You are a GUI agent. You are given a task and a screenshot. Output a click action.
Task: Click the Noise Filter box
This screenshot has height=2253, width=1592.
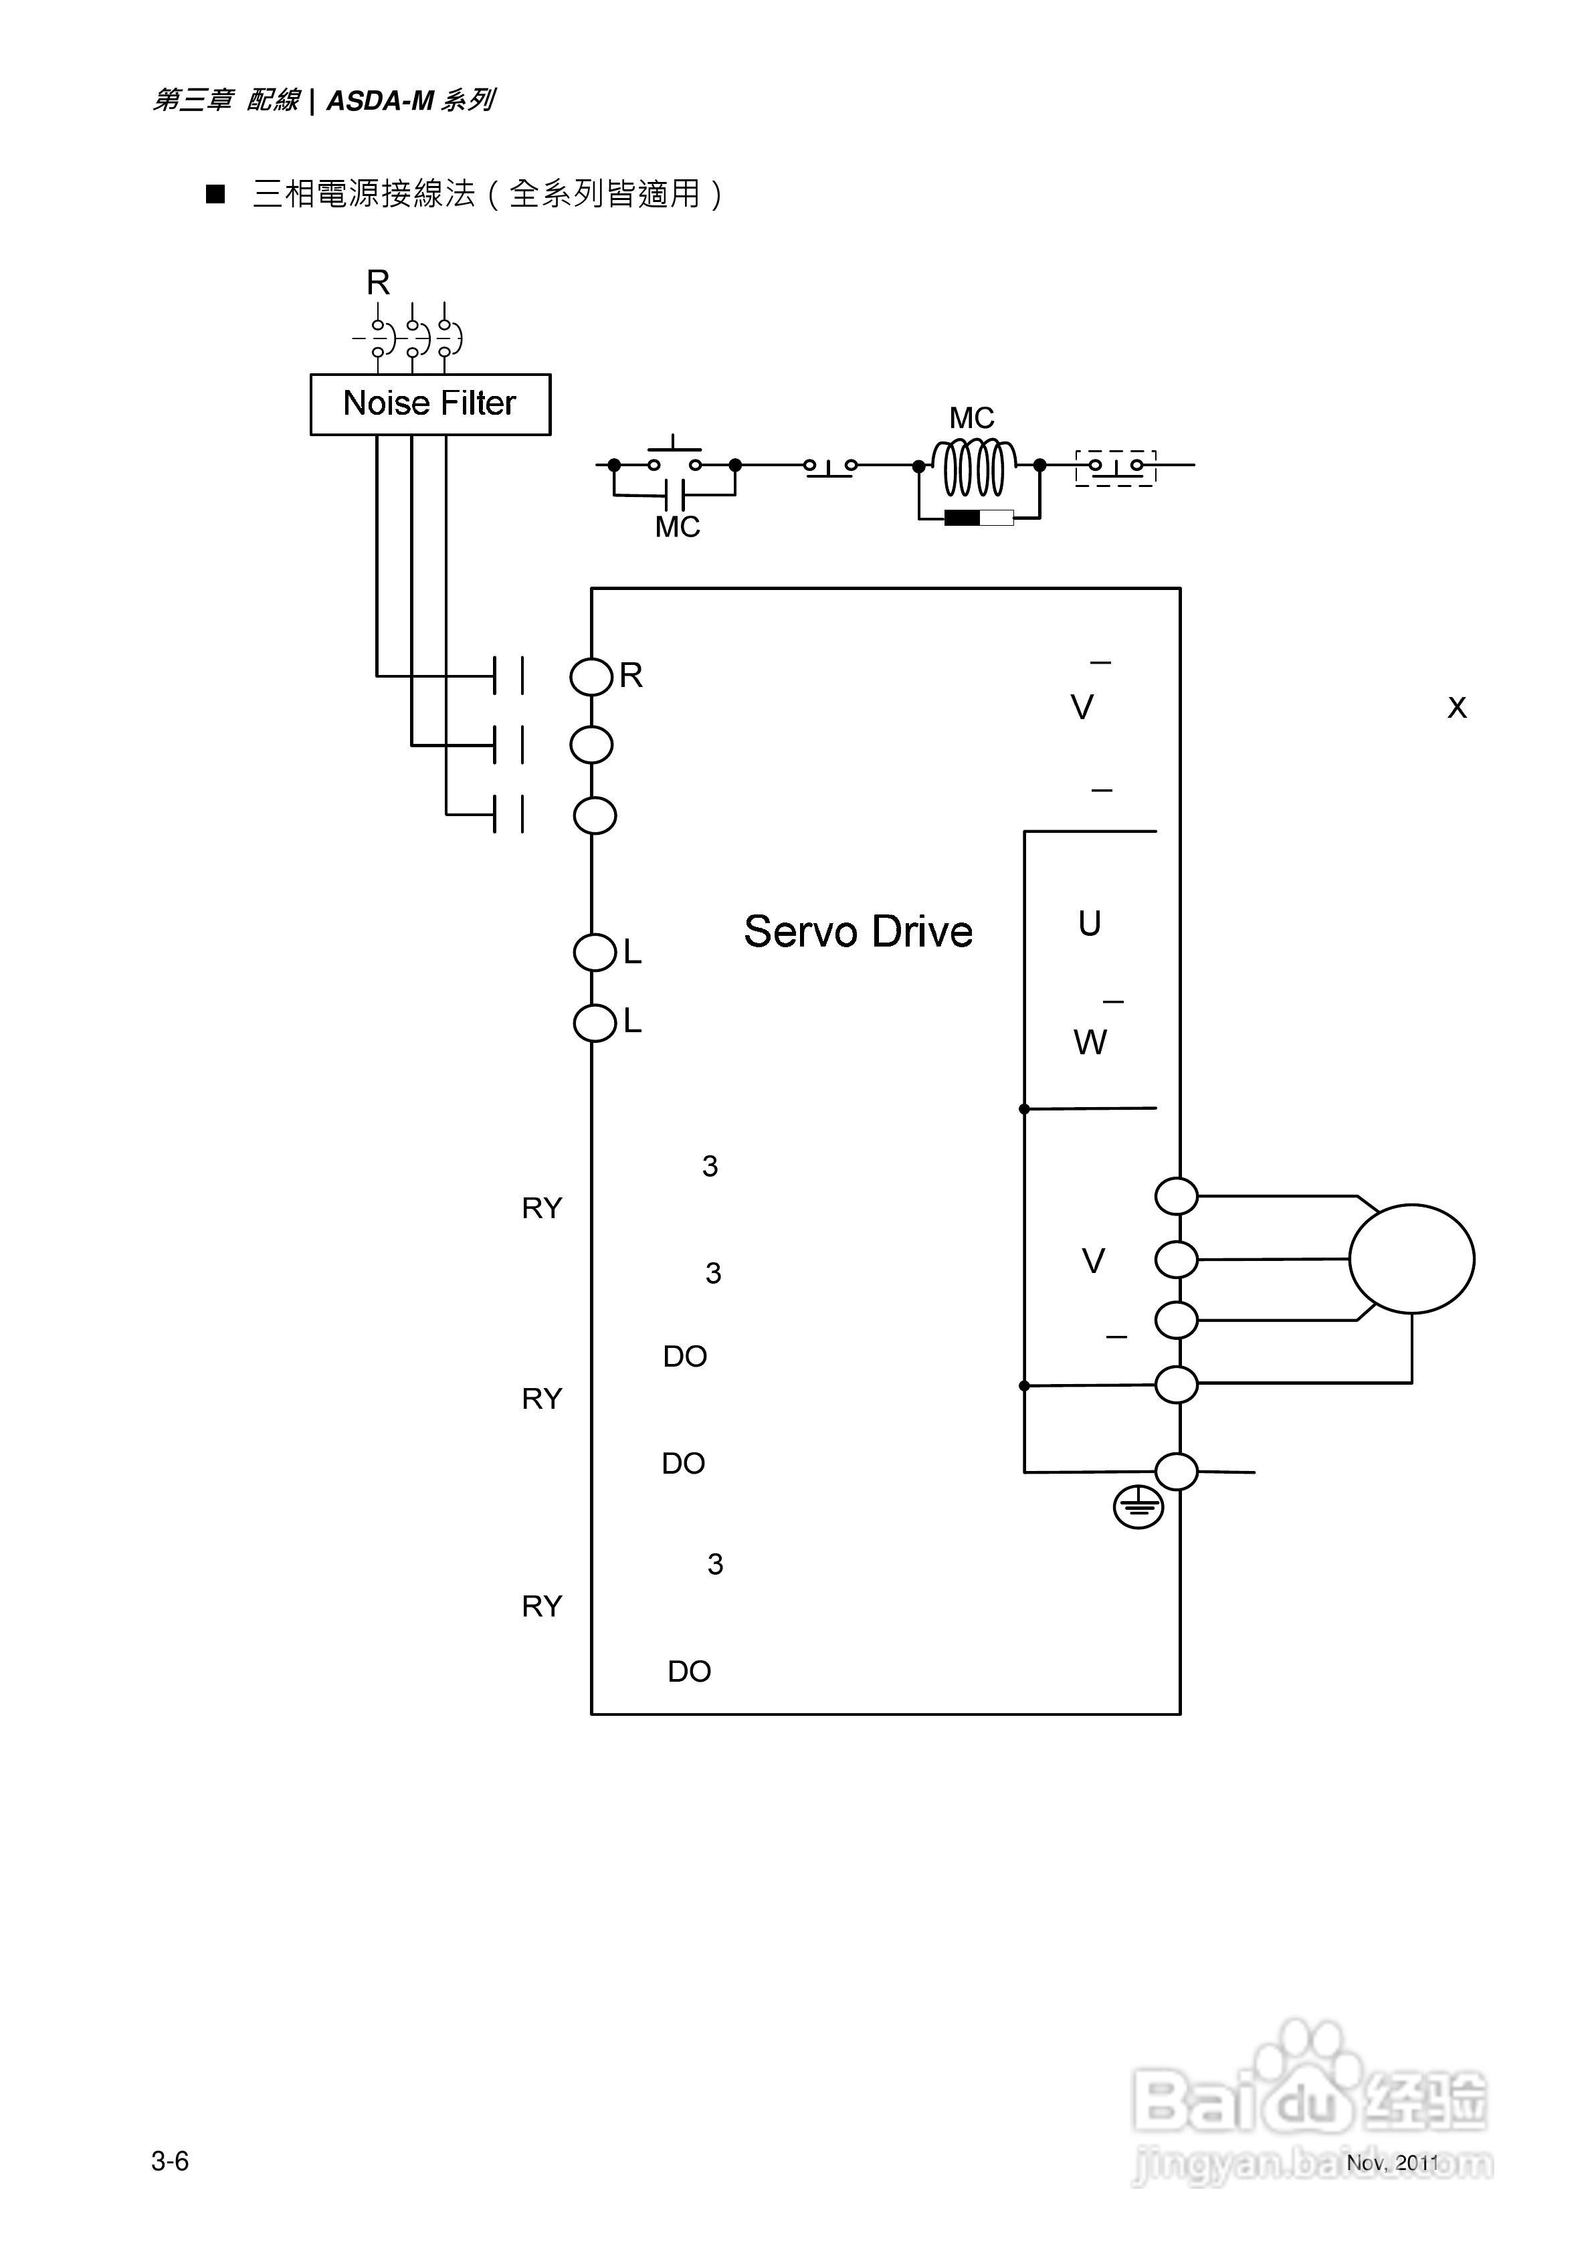tap(430, 403)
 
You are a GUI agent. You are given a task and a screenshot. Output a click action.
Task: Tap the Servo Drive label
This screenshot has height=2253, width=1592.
tap(858, 931)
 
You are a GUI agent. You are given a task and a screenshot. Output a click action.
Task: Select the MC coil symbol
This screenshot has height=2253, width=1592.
tap(974, 467)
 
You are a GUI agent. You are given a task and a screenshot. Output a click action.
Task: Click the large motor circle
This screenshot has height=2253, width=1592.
tap(1411, 1258)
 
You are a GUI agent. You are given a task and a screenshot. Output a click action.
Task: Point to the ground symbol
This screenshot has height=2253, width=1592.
tap(1138, 1506)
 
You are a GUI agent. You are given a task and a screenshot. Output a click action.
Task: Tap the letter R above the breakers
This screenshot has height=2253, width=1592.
tap(378, 282)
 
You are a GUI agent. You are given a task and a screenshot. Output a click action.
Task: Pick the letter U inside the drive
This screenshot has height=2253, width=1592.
tap(1090, 923)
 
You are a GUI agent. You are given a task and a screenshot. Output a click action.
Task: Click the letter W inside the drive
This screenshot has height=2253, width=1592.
tap(1090, 1042)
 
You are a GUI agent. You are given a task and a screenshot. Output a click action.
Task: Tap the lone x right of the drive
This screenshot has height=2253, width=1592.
tap(1457, 708)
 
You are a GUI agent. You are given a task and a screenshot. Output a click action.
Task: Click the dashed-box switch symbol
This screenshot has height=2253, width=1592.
tap(1116, 467)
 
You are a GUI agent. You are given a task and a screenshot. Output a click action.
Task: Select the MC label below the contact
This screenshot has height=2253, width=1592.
tap(677, 528)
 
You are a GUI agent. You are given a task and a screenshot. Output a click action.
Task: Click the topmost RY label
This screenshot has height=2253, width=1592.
tap(542, 1208)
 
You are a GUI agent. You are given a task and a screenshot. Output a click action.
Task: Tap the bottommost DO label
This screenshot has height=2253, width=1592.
tap(689, 1671)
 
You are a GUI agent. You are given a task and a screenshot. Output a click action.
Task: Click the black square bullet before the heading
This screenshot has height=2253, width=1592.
tap(215, 194)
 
